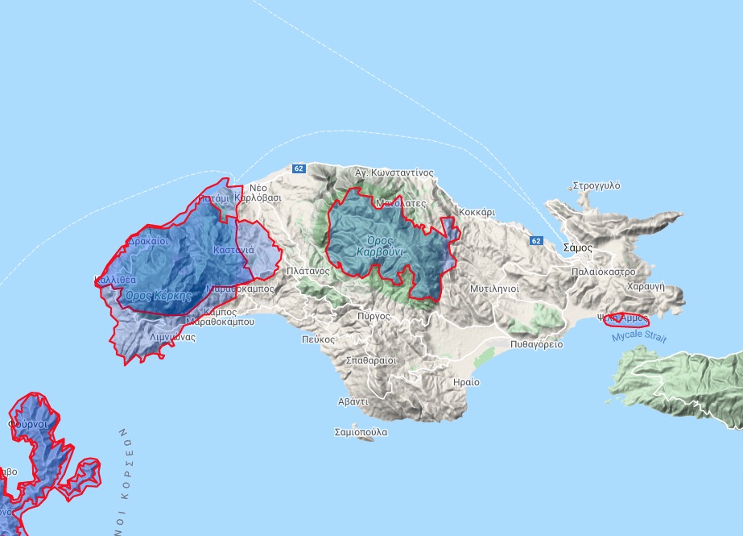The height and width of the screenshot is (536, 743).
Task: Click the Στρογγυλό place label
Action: [596, 185]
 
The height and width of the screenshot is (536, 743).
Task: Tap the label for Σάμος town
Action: [578, 247]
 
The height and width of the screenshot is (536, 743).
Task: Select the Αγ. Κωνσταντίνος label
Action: [394, 172]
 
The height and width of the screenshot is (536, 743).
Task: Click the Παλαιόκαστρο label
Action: [604, 272]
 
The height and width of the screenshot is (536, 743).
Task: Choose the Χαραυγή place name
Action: [645, 285]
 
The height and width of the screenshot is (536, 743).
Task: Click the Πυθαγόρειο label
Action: [537, 344]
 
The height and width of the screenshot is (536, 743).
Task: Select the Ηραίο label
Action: [466, 381]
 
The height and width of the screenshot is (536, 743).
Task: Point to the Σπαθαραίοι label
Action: [370, 360]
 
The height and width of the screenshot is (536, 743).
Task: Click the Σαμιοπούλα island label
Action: [361, 432]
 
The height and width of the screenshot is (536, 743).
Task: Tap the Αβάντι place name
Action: [353, 401]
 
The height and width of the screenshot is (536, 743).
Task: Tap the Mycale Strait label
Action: [639, 337]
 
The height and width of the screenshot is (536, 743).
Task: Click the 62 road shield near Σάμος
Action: [536, 241]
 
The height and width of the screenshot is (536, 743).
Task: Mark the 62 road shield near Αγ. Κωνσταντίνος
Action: [299, 168]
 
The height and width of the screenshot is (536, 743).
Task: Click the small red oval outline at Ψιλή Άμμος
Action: [625, 320]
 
